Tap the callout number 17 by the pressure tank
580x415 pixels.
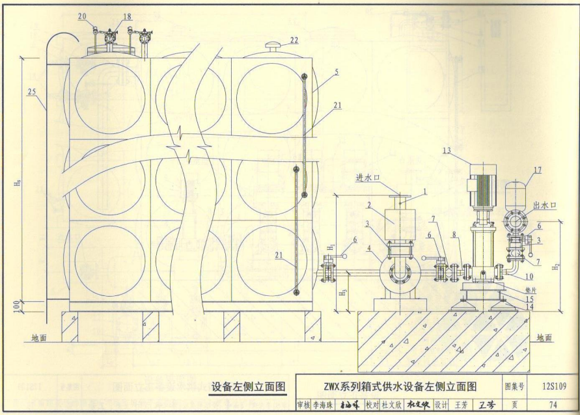pos(538,171)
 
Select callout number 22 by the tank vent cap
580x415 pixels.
pos(294,40)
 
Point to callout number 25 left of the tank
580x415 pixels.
pos(31,92)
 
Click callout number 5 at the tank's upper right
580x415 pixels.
pos(336,73)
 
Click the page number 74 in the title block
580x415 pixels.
pos(553,405)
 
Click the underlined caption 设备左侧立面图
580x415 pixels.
pos(248,386)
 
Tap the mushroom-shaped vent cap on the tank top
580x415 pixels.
pos(273,47)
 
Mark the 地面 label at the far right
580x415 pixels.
pos(544,338)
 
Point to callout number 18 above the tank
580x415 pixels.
pos(126,16)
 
